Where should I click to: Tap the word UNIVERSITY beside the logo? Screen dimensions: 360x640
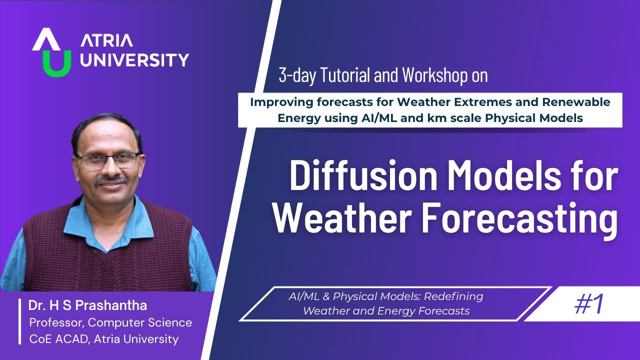134,60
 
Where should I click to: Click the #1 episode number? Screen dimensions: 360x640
589,303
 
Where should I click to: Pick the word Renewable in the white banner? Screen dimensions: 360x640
580,102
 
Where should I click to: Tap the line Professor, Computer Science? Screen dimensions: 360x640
110,322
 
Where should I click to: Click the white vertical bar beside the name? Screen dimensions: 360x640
20,322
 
